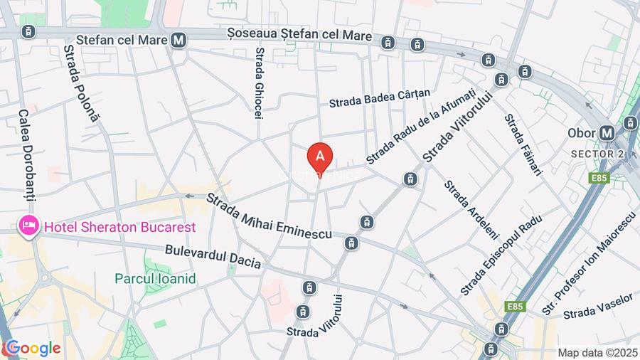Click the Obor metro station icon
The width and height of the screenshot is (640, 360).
(607, 132)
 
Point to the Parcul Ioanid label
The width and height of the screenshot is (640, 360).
(155, 278)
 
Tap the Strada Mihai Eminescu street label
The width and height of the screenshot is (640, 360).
(270, 218)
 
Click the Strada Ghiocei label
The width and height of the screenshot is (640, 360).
(260, 83)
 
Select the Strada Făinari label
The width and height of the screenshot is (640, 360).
(523, 145)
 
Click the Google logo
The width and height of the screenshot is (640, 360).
(32, 349)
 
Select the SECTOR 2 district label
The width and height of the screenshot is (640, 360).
(595, 154)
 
